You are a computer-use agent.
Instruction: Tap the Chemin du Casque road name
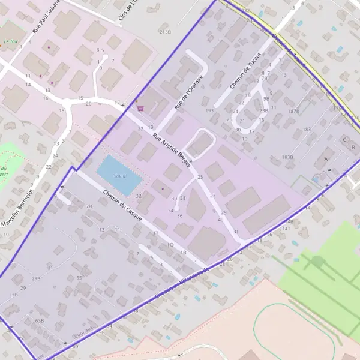coord(122,206)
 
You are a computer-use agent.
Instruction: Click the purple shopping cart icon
coord(140,109)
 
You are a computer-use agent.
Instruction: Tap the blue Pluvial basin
coord(119,176)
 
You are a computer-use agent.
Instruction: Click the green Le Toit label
coord(10,42)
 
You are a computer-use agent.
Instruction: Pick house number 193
coord(209,111)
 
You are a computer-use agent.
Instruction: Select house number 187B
coord(293,111)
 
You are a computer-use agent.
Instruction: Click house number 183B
coord(287,157)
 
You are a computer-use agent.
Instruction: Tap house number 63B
coord(40,321)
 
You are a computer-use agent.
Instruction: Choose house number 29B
coord(36,278)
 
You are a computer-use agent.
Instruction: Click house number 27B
coord(14,295)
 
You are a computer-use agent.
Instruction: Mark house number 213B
coord(164,31)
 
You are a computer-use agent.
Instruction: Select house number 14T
coord(286,229)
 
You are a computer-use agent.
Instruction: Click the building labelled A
coord(326,158)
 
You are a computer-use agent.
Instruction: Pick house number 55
coord(79,278)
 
